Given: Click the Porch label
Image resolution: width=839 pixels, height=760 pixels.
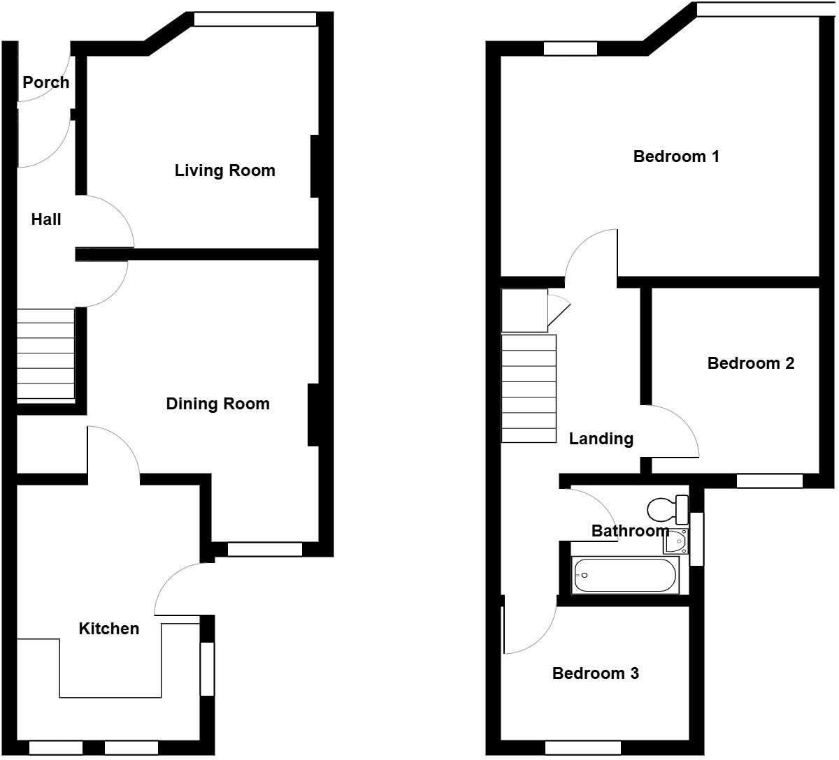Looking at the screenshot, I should pos(46,82).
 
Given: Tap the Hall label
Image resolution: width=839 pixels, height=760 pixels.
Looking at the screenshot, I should pos(46,219).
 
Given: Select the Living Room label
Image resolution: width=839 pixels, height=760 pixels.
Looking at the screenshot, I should pos(224,170).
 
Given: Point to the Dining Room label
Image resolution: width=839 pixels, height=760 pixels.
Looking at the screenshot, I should pos(217,404).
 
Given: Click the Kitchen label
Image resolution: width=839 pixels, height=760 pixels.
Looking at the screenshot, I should pos(108,629).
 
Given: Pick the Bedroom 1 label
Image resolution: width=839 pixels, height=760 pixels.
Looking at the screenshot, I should pos(676,156).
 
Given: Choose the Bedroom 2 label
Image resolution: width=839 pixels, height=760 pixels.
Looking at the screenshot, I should pos(751,363).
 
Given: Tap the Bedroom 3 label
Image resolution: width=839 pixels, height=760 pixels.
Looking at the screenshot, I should pos(595,673).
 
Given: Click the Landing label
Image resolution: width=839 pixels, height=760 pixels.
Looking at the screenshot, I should pos(601,439).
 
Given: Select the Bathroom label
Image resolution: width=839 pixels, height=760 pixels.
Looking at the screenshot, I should pos(630,531).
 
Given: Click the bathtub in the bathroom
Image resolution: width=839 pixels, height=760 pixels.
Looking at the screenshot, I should pos(625,576).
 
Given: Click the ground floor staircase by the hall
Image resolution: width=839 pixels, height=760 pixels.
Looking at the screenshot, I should pos(45,354).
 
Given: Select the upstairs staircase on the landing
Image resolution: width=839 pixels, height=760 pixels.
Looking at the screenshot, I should pos(529,388).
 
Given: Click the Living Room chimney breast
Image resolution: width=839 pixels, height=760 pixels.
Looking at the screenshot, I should pos(314,166).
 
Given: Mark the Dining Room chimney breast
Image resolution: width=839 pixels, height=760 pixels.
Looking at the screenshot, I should pos(313,415).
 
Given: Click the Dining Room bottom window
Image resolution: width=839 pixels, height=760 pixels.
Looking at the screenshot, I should pos(264,550).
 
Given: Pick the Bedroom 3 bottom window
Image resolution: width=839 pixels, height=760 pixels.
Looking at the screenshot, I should pos(582,747).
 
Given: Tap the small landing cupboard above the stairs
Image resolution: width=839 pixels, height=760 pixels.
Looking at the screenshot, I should pos(524,310).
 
